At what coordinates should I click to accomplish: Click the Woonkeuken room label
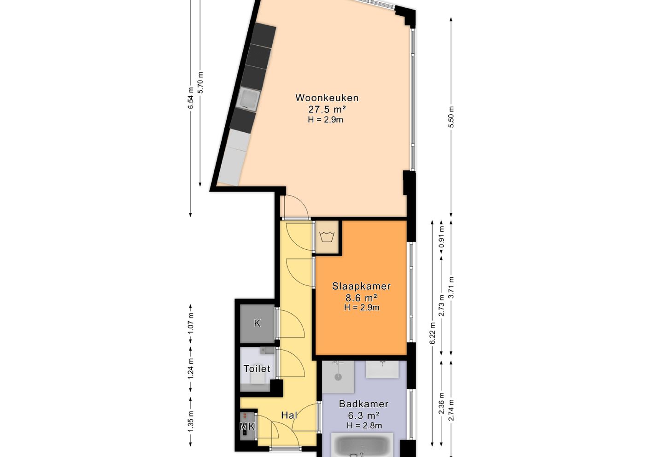coord(327,98)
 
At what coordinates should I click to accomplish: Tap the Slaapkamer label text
coord(361,286)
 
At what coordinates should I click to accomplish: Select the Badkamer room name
coord(364,404)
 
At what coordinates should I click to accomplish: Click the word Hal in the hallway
coord(289,415)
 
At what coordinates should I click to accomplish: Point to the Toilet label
coord(257,369)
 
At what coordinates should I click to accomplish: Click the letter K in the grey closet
coord(257,323)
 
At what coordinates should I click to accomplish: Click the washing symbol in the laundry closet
coord(327,236)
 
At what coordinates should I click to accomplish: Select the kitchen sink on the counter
coord(248,100)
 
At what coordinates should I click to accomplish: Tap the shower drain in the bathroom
coord(338,377)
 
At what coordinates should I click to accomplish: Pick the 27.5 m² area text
coord(327,110)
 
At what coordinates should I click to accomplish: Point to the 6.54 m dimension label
coord(191,98)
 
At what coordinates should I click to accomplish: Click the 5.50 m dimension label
coord(451,117)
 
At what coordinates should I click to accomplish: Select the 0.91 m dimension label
coord(441,237)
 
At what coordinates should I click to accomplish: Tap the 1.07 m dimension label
coord(191,323)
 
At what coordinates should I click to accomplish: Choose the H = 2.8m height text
coord(364,425)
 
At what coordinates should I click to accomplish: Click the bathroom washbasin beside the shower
coord(382,369)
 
